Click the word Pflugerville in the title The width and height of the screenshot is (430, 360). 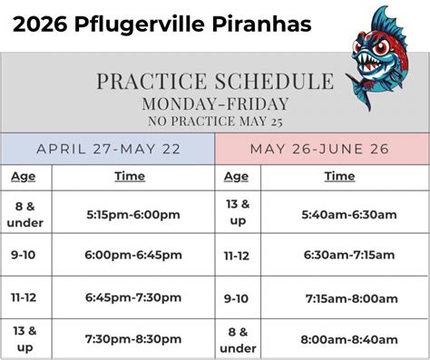click(141, 24)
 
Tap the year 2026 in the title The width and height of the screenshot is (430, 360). click(40, 24)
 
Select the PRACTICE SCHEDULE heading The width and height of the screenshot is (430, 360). click(215, 81)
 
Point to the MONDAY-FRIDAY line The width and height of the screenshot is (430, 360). click(215, 103)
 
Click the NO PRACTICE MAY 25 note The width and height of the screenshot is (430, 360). click(215, 122)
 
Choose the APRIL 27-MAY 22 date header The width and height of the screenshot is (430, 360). click(108, 150)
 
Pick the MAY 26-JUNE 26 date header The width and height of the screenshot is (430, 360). click(319, 149)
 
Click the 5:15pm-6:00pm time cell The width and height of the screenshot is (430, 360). click(133, 215)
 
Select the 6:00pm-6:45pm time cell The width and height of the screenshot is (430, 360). click(133, 255)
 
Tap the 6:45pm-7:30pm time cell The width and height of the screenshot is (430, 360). click(133, 297)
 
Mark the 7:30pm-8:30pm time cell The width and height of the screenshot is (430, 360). click(133, 339)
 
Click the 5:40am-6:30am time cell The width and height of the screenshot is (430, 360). click(349, 215)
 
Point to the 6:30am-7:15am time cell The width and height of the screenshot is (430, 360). click(349, 255)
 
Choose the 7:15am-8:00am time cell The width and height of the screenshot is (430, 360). click(352, 298)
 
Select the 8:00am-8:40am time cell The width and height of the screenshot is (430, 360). click(349, 339)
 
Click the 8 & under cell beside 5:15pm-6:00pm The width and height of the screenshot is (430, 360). click(25, 215)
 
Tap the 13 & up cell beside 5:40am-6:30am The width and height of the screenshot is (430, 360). click(238, 212)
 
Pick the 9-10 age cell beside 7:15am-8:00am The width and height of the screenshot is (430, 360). click(236, 299)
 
